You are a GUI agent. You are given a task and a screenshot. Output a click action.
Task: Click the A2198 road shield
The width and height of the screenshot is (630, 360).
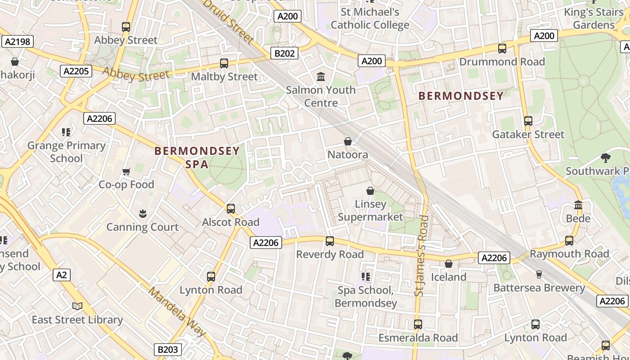pyautogui.click(x=17, y=42)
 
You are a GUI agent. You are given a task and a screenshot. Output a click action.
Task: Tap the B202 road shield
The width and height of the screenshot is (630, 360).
pyautogui.click(x=285, y=54)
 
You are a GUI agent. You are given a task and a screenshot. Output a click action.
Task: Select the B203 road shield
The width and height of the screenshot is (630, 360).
pyautogui.click(x=168, y=349)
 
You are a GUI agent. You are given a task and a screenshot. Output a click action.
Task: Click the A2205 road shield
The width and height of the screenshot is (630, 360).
pyautogui.click(x=76, y=71)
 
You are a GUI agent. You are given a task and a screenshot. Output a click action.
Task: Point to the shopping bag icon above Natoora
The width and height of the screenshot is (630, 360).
pyautogui.click(x=347, y=142)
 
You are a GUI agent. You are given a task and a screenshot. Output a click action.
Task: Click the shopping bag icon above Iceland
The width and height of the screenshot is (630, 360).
pyautogui.click(x=449, y=264)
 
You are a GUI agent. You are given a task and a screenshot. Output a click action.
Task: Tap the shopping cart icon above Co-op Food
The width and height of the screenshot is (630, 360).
pyautogui.click(x=126, y=171)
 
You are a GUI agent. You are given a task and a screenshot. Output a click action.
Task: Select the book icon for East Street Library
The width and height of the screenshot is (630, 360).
pyautogui.click(x=77, y=306)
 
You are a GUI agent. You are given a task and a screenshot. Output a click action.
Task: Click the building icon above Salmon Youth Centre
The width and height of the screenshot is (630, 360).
pyautogui.click(x=321, y=77)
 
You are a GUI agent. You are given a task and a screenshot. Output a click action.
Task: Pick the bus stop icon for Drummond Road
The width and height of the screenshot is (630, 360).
pyautogui.click(x=502, y=49)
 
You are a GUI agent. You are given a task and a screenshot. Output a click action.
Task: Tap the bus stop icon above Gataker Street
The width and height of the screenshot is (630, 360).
pyautogui.click(x=528, y=121)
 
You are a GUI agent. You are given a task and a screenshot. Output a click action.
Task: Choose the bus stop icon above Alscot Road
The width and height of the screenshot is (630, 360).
pyautogui.click(x=231, y=209)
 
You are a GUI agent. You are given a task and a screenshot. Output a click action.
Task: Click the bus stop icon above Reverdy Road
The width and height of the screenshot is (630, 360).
pyautogui.click(x=330, y=241)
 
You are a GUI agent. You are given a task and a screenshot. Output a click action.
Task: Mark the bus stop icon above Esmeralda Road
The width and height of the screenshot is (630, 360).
pyautogui.click(x=418, y=324)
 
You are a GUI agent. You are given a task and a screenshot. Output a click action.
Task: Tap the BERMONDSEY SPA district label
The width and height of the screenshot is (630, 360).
pyautogui.click(x=197, y=157)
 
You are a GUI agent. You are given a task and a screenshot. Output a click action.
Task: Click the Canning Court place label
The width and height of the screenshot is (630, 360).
pyautogui.click(x=143, y=227)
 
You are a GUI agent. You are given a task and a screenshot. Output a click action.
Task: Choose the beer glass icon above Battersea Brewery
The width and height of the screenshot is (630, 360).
pyautogui.click(x=539, y=274)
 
